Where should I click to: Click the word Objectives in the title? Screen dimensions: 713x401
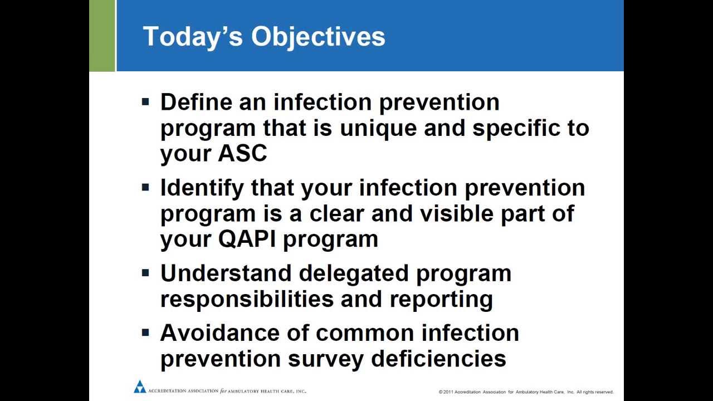[318, 37]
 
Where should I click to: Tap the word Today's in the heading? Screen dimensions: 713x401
[193, 37]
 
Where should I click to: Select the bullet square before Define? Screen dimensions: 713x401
[145, 102]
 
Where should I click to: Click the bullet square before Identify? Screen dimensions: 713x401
[145, 188]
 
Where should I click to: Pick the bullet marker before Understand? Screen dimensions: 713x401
[145, 273]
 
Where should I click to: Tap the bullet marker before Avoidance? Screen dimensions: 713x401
[145, 333]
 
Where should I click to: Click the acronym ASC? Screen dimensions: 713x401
[242, 153]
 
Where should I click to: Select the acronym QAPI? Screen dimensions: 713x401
[247, 239]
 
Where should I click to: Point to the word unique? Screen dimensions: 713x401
[378, 129]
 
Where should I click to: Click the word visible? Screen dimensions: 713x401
[456, 213]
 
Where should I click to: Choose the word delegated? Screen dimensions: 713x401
[353, 274]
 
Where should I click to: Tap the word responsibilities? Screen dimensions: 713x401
[247, 299]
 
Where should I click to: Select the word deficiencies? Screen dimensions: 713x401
[438, 359]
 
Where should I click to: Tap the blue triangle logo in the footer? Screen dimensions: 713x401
[140, 387]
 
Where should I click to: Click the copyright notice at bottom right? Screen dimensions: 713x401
[526, 392]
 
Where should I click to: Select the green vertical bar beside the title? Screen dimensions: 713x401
[102, 36]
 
